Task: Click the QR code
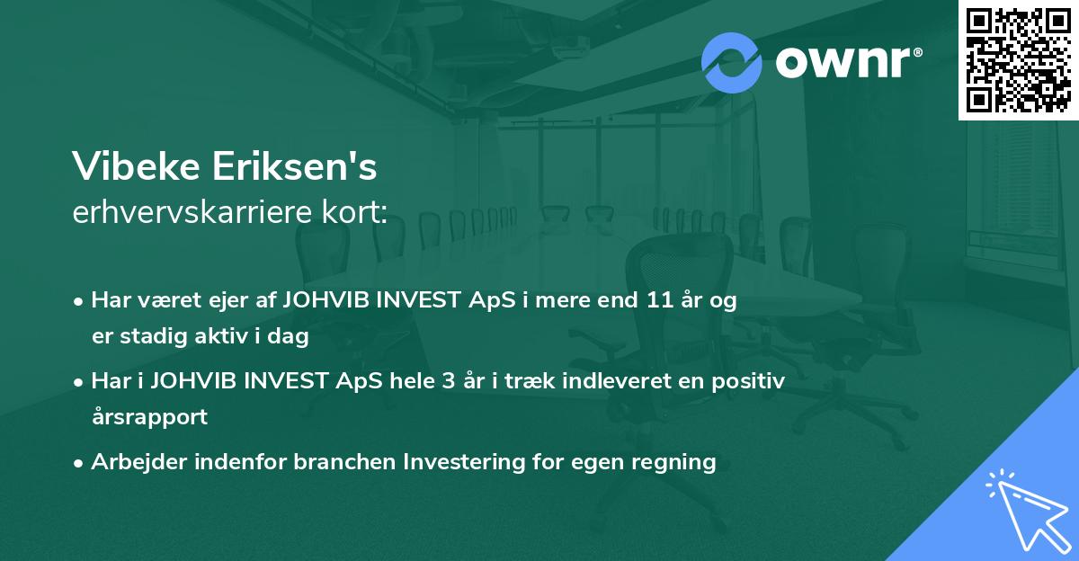point(1018,60)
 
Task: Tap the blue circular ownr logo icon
point(731,63)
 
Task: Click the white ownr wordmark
point(848,62)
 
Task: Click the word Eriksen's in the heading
point(294,166)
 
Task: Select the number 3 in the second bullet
point(449,381)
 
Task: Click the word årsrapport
point(149,417)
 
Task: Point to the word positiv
point(748,382)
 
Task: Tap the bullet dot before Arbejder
point(78,464)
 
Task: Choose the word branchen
point(345,462)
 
